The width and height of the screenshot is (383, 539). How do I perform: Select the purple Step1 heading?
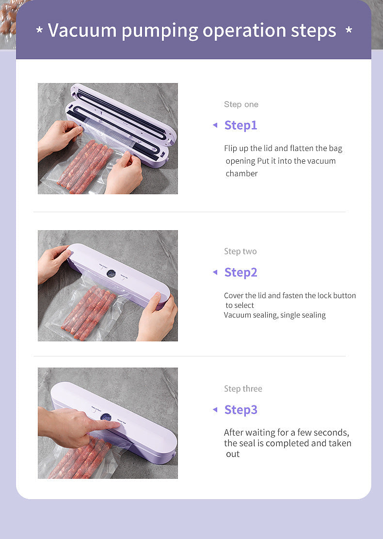[x=240, y=125]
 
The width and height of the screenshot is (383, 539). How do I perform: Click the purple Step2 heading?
[x=240, y=272]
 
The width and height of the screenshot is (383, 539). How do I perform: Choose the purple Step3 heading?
[x=240, y=410]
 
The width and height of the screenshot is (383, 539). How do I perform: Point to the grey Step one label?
[x=241, y=104]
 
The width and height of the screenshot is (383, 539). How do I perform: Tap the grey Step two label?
[x=240, y=251]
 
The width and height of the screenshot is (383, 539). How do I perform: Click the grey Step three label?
[x=243, y=388]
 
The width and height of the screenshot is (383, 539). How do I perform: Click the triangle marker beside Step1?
[x=215, y=125]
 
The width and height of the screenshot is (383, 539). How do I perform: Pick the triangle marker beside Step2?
[x=215, y=272]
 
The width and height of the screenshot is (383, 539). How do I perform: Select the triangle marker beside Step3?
[x=215, y=410]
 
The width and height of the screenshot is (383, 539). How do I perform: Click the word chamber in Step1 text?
[x=241, y=173]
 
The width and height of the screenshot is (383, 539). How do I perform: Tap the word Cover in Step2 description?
[x=234, y=295]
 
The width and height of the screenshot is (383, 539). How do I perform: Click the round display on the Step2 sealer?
[x=111, y=273]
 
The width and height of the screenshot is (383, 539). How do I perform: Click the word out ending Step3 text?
[x=233, y=454]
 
